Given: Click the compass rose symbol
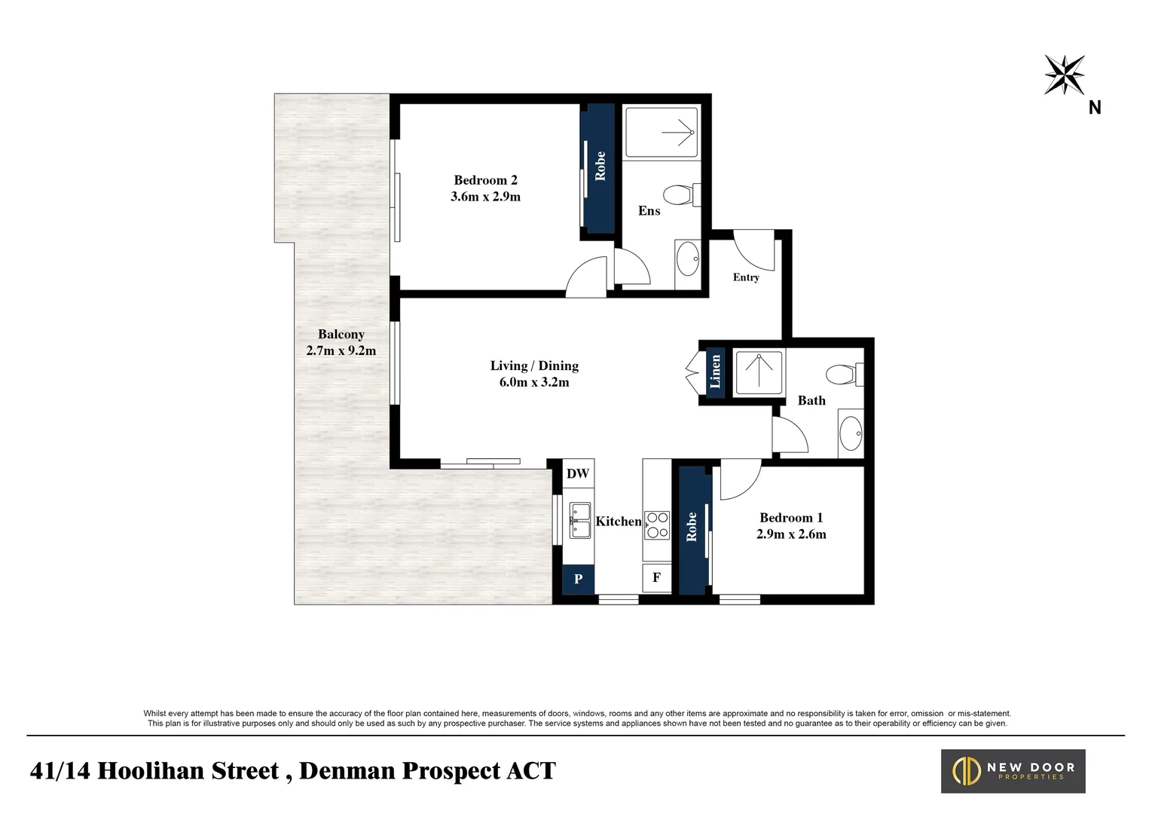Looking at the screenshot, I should pyautogui.click(x=1064, y=75).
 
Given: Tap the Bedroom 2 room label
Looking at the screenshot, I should pyautogui.click(x=485, y=180).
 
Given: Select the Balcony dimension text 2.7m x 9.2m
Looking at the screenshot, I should pyautogui.click(x=341, y=350).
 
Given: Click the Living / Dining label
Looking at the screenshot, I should pyautogui.click(x=534, y=366).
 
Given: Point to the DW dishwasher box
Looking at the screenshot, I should pyautogui.click(x=578, y=473).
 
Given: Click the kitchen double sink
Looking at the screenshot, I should pyautogui.click(x=579, y=521).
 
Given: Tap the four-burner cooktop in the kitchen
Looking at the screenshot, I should pyautogui.click(x=657, y=525).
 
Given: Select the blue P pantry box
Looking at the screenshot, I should pyautogui.click(x=579, y=579).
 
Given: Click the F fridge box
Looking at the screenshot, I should pyautogui.click(x=656, y=578).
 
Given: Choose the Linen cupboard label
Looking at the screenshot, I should pyautogui.click(x=715, y=372).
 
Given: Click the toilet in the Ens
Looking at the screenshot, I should pyautogui.click(x=683, y=195).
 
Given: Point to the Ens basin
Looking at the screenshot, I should pyautogui.click(x=687, y=259).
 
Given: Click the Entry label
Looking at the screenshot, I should pyautogui.click(x=746, y=277).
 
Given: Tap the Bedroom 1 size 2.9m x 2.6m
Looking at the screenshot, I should pyautogui.click(x=791, y=534).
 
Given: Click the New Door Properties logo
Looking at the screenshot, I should pyautogui.click(x=1013, y=770).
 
